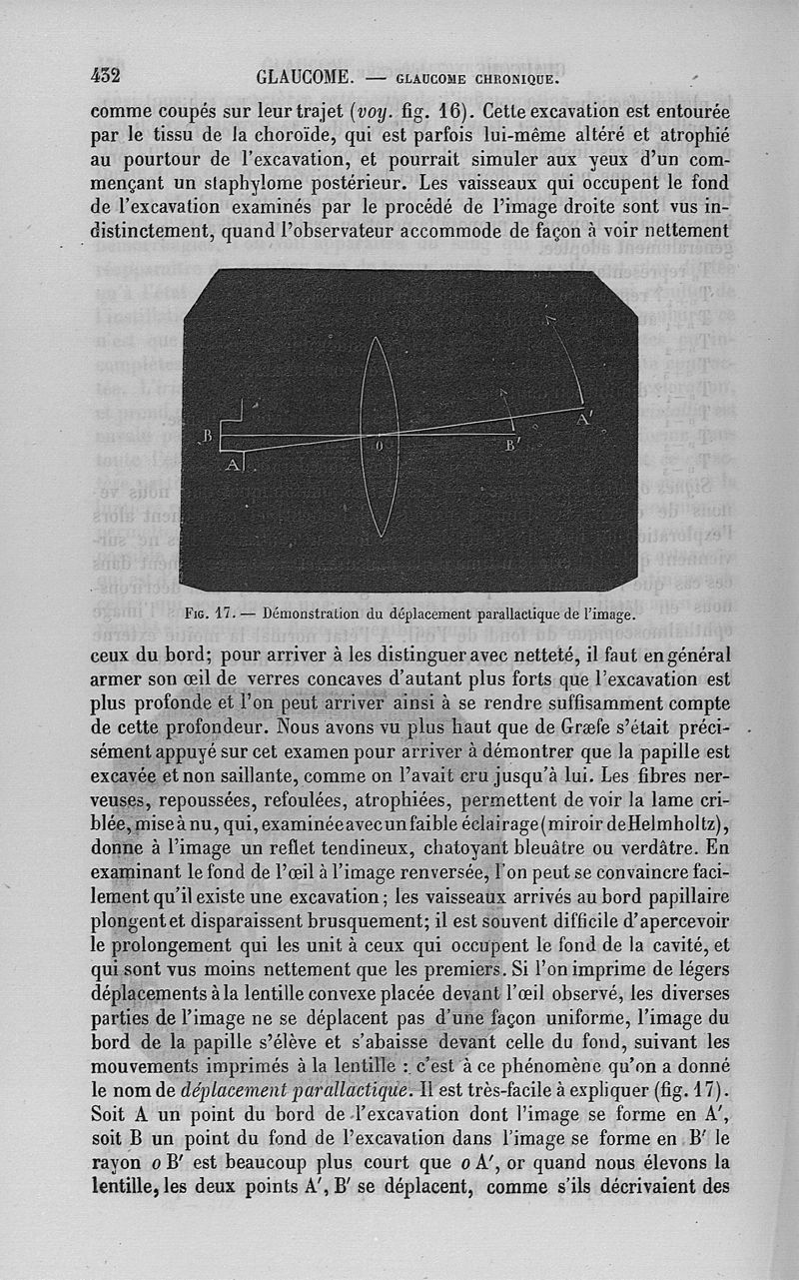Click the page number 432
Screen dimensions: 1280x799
105,75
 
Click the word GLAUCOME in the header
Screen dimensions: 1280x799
303,77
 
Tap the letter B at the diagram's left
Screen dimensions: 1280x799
208,436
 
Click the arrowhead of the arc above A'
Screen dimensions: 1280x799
548,318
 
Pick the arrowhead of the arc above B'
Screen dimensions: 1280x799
503,392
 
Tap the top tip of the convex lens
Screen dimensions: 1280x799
377,338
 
